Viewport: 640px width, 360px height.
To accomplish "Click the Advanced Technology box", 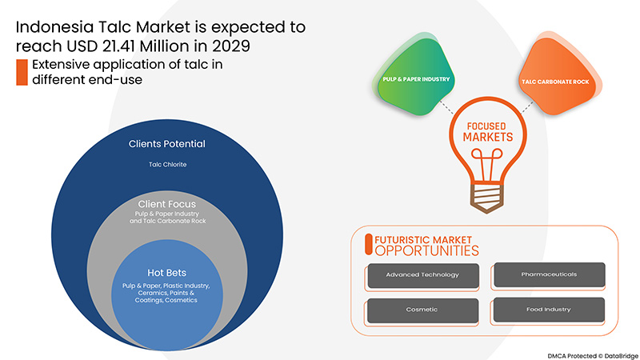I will point(422,274).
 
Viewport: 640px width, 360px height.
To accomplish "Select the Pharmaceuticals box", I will point(548,274).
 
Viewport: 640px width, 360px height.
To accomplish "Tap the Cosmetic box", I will point(422,310).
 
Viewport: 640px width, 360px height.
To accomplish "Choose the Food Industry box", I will point(548,310).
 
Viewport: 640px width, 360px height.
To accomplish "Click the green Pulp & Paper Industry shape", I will point(415,79).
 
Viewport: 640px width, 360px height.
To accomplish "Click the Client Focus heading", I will point(166,204).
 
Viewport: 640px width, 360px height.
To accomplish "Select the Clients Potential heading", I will point(166,144).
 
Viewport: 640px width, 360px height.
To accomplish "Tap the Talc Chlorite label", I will point(166,165).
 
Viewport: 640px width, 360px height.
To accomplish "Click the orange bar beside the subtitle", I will point(22,72).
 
